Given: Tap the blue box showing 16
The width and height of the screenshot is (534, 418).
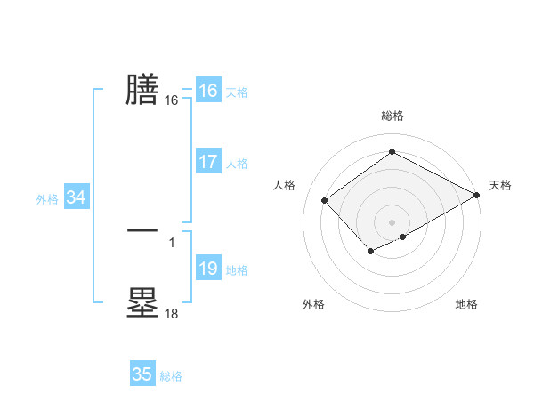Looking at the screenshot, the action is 207,91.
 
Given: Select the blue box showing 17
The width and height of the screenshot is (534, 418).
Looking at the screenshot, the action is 207,162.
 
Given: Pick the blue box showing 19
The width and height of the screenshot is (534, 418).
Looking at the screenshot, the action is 207,269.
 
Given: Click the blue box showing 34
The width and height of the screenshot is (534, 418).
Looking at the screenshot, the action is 76,197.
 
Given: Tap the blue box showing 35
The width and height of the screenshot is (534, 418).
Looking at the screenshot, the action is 142,374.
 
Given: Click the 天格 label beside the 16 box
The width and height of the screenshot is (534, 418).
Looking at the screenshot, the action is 236,92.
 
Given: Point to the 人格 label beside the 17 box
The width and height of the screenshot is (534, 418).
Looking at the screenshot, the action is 236,164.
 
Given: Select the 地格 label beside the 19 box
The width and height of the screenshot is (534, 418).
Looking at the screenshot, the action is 236,270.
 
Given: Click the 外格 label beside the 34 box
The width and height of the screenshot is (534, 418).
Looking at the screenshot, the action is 47,199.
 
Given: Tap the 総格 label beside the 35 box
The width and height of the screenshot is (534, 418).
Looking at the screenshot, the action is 171,376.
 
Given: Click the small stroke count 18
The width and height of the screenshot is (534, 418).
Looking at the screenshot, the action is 171,313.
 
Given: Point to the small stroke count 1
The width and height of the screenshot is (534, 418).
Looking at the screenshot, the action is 171,241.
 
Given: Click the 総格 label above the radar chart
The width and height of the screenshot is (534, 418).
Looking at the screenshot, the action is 392,116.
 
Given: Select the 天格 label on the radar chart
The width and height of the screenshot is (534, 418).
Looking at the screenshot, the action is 500,185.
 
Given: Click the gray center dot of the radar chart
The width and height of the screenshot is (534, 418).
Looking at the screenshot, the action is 392,221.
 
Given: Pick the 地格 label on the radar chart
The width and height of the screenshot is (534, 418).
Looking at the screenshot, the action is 466,304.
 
